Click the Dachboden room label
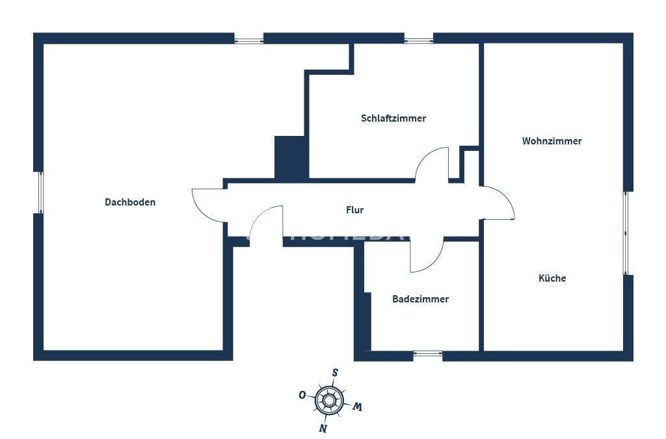point(130,202)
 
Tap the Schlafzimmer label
point(393,118)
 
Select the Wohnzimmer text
point(552,141)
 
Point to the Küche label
point(552,278)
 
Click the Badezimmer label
point(420,299)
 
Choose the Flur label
point(354,210)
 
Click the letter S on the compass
point(335,373)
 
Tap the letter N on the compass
point(322,428)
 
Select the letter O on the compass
point(302,395)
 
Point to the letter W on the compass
point(357,407)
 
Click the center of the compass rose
point(329,400)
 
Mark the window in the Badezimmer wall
point(427,355)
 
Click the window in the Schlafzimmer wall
point(418,39)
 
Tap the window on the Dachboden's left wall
point(39,193)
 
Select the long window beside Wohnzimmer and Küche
point(627,232)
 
